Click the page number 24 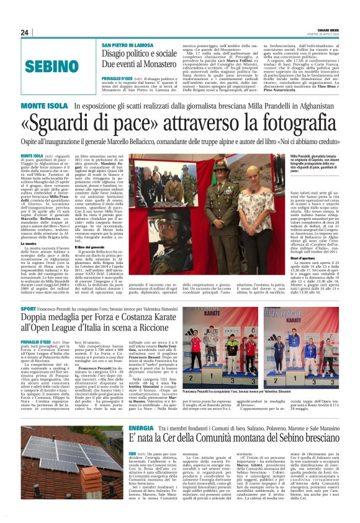click(24, 33)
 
